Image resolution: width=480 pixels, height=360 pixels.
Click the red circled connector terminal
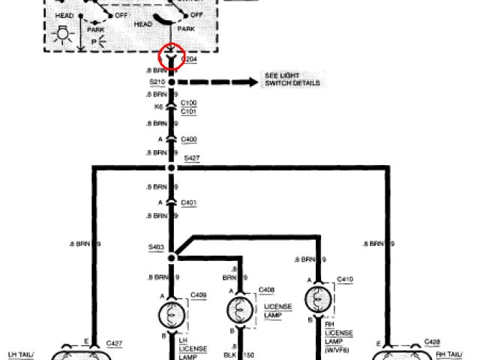click(172, 56)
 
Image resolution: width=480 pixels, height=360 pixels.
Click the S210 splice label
click(157, 81)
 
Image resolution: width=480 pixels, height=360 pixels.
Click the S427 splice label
click(192, 159)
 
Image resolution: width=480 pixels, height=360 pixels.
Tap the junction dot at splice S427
click(172, 167)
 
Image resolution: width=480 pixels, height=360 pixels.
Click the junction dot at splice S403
click(172, 256)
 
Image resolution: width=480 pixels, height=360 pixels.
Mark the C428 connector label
click(432, 341)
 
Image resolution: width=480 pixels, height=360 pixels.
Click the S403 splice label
click(156, 246)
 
